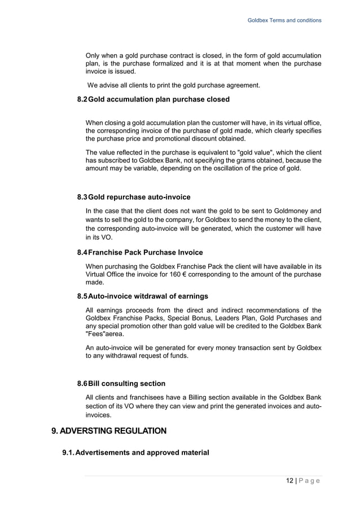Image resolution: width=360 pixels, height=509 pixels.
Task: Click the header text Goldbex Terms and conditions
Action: click(284, 20)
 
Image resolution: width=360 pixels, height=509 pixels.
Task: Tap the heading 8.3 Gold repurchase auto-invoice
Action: click(134, 197)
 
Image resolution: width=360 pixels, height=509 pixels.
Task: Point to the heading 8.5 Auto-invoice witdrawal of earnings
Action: click(142, 296)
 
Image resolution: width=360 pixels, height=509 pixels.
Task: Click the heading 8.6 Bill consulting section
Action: click(121, 384)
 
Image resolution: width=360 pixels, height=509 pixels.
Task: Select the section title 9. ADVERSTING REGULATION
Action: click(109, 431)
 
